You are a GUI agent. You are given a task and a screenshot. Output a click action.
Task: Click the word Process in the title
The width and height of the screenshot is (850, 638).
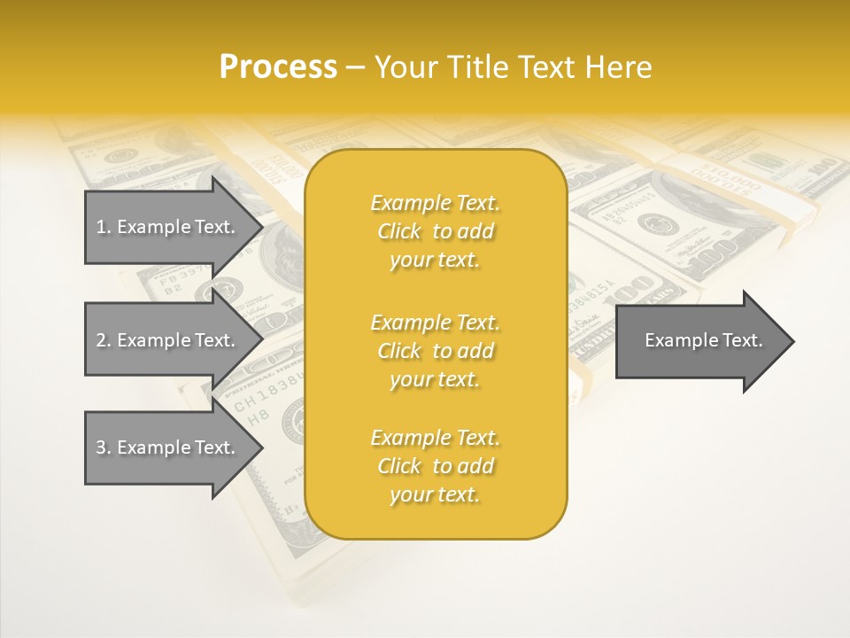tap(278, 67)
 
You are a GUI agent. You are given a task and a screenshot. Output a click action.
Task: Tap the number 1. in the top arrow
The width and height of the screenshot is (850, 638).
tap(104, 227)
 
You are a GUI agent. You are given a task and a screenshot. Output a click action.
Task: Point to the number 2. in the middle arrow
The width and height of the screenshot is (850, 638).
tap(104, 340)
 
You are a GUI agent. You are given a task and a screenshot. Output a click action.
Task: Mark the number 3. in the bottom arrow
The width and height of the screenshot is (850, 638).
tap(104, 447)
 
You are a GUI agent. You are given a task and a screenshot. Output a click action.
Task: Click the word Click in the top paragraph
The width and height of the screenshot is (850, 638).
tap(399, 231)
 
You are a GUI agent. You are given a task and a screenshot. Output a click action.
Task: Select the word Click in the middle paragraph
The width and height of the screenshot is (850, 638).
tap(399, 351)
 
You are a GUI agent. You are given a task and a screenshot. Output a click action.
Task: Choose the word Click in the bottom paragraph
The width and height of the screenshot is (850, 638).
tap(399, 466)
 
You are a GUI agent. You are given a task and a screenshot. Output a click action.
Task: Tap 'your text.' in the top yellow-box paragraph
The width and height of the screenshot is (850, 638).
tap(435, 261)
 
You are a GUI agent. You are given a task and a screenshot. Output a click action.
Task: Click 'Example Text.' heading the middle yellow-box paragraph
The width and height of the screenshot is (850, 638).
tap(435, 323)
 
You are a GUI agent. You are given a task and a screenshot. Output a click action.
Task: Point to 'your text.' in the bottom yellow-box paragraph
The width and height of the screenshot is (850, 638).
tap(435, 495)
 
